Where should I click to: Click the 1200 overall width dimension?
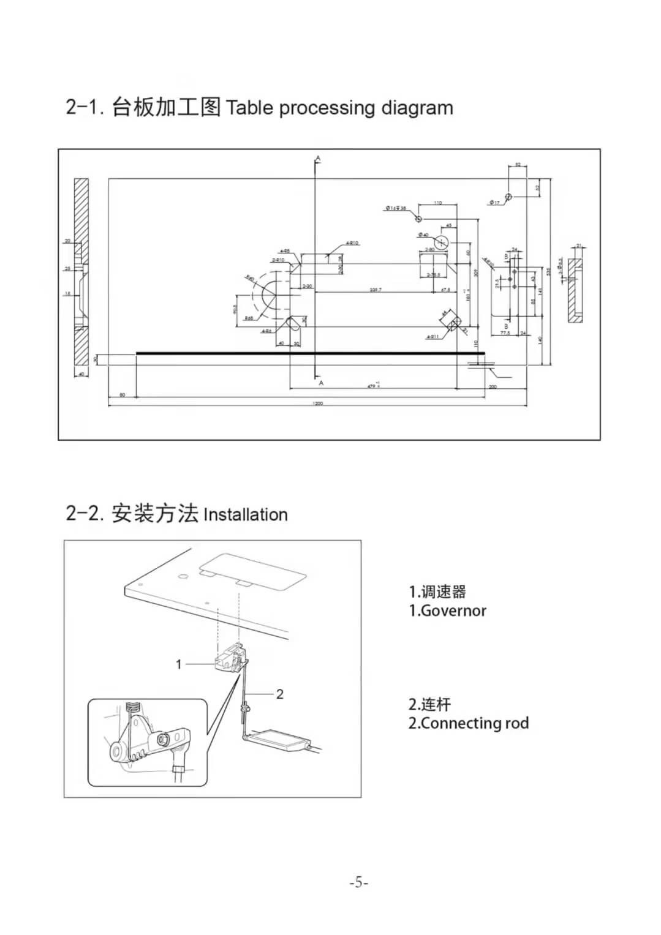tap(317, 404)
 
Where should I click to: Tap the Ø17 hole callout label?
tap(494, 203)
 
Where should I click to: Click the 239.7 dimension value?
tap(376, 290)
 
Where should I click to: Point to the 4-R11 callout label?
tap(432, 337)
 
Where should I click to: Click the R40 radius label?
tap(250, 279)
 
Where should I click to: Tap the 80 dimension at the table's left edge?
tap(123, 395)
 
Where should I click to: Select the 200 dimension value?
tap(493, 387)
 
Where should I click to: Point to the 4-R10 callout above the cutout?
tap(352, 243)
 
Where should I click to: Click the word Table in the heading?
tap(249, 108)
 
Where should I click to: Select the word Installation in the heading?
tap(245, 514)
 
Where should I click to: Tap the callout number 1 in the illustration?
tap(179, 664)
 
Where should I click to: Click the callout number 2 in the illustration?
tap(280, 694)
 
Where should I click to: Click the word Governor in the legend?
tap(453, 610)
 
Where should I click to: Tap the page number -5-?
tap(358, 882)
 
